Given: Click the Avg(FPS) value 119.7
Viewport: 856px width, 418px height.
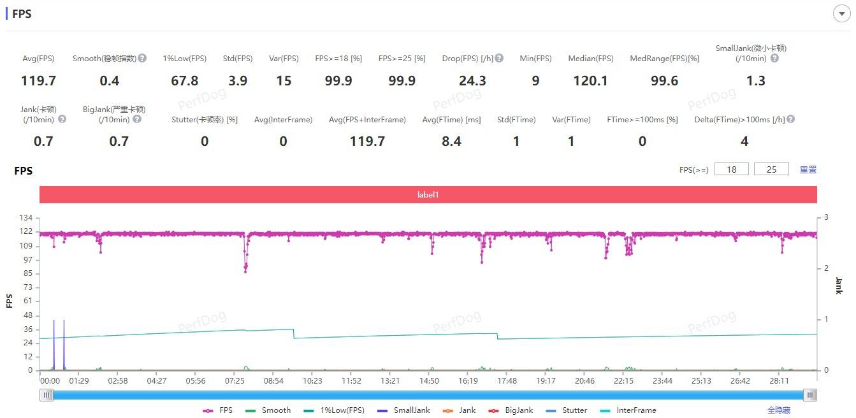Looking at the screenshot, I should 38,81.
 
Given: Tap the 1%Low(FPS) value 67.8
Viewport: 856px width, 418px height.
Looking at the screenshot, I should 185,81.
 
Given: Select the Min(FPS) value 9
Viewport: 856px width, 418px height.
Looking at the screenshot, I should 535,81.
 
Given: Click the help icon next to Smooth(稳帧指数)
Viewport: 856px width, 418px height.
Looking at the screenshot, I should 142,58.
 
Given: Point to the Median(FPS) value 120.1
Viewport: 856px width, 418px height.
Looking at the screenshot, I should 590,81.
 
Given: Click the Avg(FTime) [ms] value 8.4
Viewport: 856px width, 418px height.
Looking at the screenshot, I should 451,141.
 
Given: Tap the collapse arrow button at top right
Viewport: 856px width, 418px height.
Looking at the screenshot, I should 841,13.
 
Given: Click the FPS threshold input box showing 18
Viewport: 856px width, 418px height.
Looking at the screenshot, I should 731,169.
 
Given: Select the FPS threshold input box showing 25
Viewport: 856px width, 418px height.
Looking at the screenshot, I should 771,169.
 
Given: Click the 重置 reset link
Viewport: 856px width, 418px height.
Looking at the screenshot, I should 808,169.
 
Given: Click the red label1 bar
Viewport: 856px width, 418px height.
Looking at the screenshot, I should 428,194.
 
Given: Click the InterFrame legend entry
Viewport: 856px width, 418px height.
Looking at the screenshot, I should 627,410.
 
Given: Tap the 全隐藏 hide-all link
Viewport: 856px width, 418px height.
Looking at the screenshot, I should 780,410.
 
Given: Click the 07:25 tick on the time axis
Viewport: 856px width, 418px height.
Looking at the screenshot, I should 235,381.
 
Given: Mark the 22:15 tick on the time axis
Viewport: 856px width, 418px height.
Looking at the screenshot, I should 623,381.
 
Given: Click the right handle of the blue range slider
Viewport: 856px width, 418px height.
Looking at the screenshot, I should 810,395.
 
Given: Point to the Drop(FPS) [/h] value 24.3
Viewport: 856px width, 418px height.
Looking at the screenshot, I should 472,81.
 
